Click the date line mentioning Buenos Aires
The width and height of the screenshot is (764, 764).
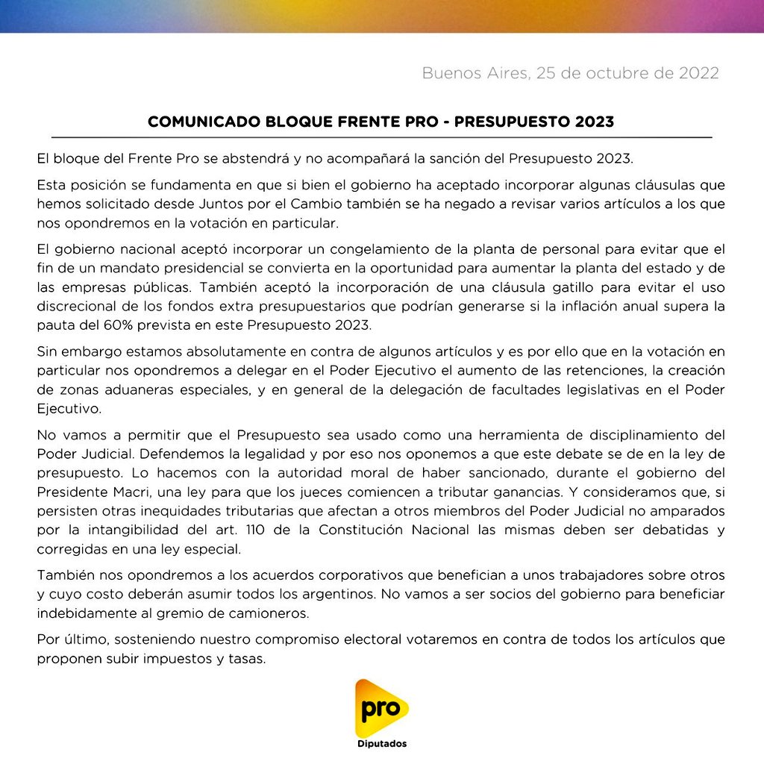(570, 73)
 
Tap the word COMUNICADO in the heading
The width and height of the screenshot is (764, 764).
(193, 122)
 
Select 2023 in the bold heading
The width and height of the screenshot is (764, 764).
(595, 122)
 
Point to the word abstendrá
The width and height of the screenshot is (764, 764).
(235, 159)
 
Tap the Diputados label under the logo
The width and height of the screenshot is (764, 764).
(381, 744)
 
